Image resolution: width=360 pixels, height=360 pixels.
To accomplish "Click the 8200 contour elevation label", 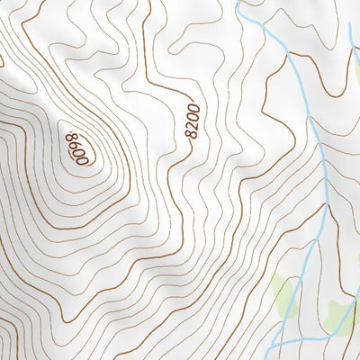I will (191, 121).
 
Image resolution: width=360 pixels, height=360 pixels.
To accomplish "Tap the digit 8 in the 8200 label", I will (189, 135).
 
